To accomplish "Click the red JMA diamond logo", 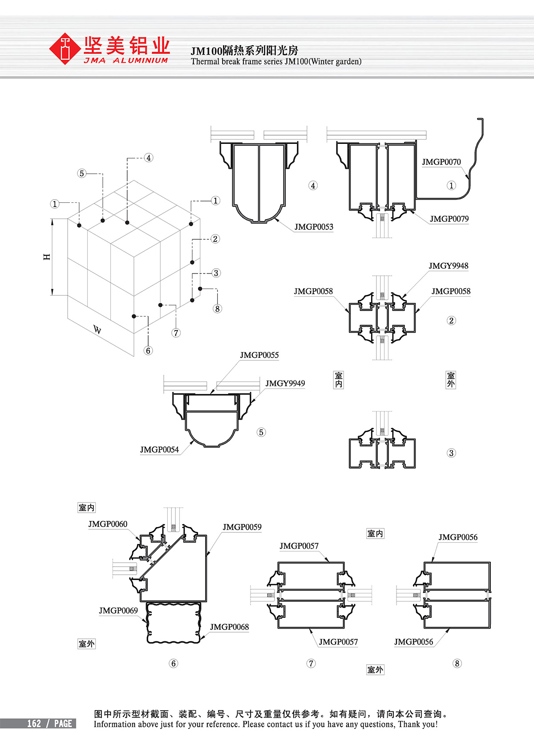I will click(x=65, y=49).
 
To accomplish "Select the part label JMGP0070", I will click(x=441, y=162).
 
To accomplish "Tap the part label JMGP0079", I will click(x=449, y=219).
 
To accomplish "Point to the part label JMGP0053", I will click(x=313, y=227).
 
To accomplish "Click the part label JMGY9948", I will click(x=448, y=266).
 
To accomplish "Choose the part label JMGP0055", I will click(x=259, y=355).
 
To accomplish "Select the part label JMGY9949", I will click(x=285, y=384).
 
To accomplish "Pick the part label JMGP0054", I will click(x=159, y=450).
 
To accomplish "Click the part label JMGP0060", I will click(x=108, y=524).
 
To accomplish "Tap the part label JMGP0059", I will click(x=242, y=527).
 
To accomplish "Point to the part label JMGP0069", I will click(x=118, y=611).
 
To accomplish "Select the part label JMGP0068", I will click(x=229, y=627).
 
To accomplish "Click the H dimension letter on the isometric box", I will click(x=47, y=257).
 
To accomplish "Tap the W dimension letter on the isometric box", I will click(x=97, y=330).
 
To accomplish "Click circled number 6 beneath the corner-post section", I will click(x=174, y=663).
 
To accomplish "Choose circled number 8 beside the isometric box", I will click(x=217, y=309).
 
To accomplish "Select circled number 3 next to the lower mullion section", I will click(x=451, y=453).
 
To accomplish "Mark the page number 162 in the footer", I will click(x=34, y=723).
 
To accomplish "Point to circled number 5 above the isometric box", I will click(x=81, y=173).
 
